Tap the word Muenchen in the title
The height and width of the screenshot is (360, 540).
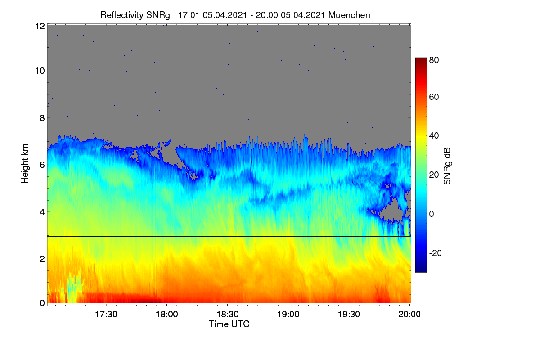[349, 15]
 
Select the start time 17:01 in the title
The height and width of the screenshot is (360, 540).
[189, 15]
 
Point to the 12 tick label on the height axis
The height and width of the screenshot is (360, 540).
[40, 26]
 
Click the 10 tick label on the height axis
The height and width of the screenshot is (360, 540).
[40, 71]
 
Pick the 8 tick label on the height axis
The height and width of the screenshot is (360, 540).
[42, 118]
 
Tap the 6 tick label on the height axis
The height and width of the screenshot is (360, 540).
[42, 165]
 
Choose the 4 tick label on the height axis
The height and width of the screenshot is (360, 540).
[42, 212]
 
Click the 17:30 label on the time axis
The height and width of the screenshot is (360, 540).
[106, 314]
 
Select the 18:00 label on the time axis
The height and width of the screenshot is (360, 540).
[167, 314]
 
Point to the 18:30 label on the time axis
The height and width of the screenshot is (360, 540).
[228, 314]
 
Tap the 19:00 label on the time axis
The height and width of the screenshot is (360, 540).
[288, 314]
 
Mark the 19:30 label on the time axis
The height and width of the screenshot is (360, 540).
[349, 314]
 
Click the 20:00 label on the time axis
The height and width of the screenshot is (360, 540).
[409, 314]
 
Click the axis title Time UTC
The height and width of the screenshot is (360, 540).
[229, 324]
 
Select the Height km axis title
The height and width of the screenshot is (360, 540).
[25, 164]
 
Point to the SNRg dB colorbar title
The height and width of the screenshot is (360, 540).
[447, 166]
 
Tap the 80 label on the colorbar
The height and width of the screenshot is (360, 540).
[434, 60]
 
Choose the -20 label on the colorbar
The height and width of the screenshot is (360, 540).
[436, 253]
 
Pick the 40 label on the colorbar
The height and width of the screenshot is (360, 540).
[434, 136]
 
